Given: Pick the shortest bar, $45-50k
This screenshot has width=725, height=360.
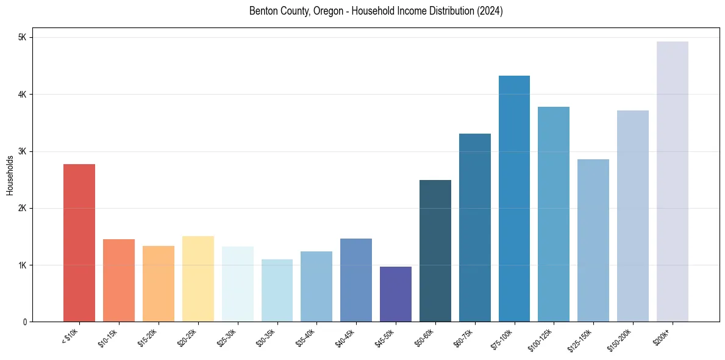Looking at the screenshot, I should [x=396, y=294].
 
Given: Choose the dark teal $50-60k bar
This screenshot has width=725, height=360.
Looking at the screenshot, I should [x=435, y=251].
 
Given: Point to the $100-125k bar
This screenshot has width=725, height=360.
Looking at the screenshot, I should [x=554, y=214].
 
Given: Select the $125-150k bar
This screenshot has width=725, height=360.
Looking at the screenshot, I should [x=593, y=240].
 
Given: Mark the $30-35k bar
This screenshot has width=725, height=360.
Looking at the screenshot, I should [x=277, y=290].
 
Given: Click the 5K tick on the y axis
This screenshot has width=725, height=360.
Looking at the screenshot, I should [x=23, y=38].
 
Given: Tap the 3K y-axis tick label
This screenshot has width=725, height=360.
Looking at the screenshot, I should [x=23, y=151].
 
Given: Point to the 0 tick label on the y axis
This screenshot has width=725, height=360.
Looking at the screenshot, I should [x=24, y=322].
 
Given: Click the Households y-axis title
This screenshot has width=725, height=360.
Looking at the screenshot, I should [x=10, y=175].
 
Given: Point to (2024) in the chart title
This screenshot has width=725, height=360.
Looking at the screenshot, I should [x=491, y=11].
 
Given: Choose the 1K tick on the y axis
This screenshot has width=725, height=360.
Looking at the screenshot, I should [x=23, y=265].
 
